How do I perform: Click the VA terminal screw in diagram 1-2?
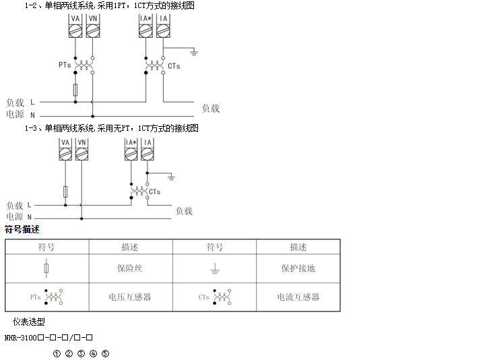75,31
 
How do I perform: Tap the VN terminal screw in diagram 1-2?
92,31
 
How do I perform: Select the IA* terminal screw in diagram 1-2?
145,31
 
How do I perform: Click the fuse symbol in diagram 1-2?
75,90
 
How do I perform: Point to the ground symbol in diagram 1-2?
194,53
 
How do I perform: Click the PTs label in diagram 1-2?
65,65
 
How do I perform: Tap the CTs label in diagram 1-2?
174,66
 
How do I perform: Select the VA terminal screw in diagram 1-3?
65,154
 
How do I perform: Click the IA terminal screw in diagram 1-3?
148,154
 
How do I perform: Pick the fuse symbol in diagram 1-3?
65,191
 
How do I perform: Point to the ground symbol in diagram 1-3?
171,177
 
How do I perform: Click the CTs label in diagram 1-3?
155,192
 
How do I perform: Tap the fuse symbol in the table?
46,268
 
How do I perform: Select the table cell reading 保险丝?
129,268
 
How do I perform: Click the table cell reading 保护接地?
298,268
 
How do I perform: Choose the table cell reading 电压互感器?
129,297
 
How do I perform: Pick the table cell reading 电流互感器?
298,297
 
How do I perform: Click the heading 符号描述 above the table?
22,229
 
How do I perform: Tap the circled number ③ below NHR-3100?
81,353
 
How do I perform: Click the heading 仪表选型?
28,322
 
